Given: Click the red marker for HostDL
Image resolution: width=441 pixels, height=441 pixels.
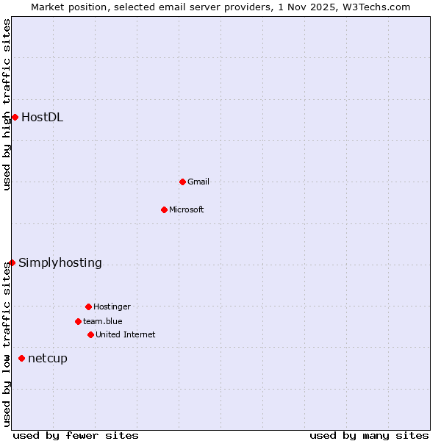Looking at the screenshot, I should tap(15, 117).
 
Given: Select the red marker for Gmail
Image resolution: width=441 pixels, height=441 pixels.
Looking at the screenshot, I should tap(182, 182).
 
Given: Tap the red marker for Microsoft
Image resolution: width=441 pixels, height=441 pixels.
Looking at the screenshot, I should tap(164, 209).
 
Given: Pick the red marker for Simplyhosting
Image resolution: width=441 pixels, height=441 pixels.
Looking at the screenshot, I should tap(12, 262).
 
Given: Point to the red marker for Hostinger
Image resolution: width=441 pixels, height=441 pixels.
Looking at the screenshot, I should tap(88, 306).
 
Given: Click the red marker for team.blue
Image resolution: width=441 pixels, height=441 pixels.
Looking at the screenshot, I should tap(78, 321).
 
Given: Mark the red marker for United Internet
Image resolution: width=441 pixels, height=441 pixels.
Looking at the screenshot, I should tap(90, 334).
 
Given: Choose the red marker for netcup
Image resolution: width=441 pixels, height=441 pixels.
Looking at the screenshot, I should tap(21, 358).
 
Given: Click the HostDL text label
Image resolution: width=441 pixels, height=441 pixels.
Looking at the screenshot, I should tap(42, 117).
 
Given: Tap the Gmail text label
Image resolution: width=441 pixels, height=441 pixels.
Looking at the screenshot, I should tap(198, 182).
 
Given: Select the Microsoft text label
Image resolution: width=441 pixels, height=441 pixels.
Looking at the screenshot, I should tap(187, 209).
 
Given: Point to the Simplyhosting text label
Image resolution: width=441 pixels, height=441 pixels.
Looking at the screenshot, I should tap(60, 262).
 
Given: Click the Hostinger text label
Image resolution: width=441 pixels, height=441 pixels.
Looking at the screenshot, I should tap(112, 306).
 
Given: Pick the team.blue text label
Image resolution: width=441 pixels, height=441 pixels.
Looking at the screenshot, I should tap(103, 321).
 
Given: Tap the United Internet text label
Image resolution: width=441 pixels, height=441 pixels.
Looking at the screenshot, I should tap(126, 334).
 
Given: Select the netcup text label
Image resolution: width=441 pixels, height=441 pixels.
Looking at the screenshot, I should tap(48, 358).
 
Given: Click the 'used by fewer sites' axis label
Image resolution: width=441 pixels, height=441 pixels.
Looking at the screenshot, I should tap(76, 435).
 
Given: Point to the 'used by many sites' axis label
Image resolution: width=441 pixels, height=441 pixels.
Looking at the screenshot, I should tap(369, 435).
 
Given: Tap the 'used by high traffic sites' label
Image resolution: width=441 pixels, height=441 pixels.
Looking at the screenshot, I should tap(7, 104).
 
